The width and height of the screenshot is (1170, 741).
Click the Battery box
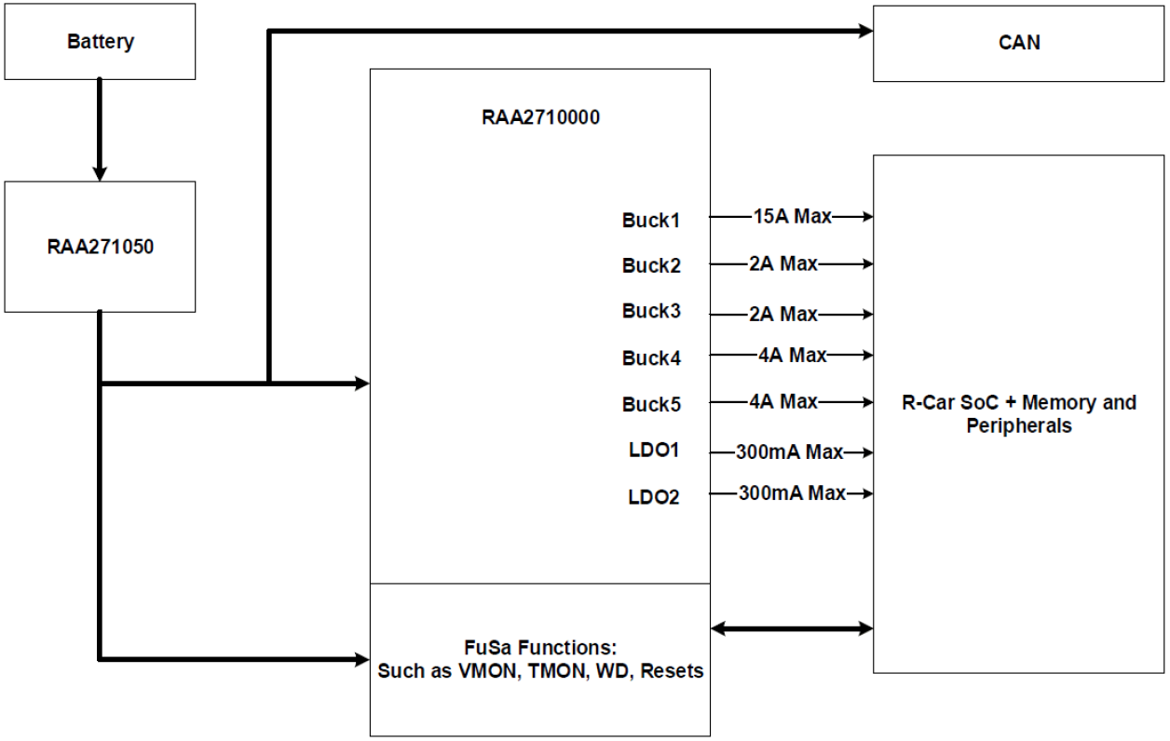pyautogui.click(x=100, y=41)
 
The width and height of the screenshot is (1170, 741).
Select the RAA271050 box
pyautogui.click(x=100, y=247)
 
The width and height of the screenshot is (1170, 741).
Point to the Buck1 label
pyautogui.click(x=651, y=222)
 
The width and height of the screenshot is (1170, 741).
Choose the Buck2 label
pyautogui.click(x=651, y=266)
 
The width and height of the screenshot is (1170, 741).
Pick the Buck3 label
pyautogui.click(x=651, y=311)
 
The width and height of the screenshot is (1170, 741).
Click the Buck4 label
pyautogui.click(x=651, y=357)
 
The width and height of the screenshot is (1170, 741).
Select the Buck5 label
pyautogui.click(x=651, y=405)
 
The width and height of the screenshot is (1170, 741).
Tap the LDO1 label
pyautogui.click(x=654, y=451)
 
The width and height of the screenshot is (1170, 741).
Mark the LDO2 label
pyautogui.click(x=654, y=497)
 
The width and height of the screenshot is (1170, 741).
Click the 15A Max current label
pyautogui.click(x=792, y=217)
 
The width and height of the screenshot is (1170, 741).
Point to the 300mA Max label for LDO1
pyautogui.click(x=790, y=452)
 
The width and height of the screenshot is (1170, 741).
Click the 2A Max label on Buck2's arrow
pyautogui.click(x=782, y=263)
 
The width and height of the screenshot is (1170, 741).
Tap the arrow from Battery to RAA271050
pyautogui.click(x=100, y=130)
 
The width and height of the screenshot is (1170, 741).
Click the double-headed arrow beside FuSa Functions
pyautogui.click(x=791, y=629)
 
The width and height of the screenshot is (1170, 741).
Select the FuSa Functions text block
pyautogui.click(x=539, y=660)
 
